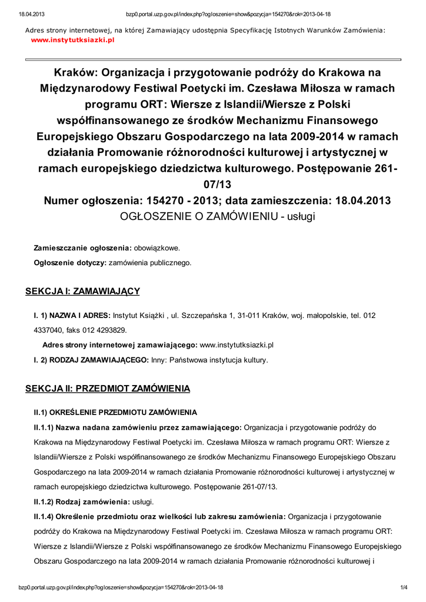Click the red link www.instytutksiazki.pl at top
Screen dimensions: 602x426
(72, 39)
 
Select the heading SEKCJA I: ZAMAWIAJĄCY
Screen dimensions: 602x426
(82, 291)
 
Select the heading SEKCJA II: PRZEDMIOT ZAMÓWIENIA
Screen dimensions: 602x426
(108, 389)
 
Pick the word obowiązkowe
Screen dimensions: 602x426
(157, 248)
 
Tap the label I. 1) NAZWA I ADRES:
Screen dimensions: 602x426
(72, 315)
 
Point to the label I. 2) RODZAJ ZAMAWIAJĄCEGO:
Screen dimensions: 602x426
(91, 360)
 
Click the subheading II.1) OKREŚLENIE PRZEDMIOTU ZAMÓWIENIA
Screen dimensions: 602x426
(115, 412)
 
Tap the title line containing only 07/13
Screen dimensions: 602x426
(217, 185)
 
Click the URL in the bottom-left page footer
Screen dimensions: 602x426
(121, 587)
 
